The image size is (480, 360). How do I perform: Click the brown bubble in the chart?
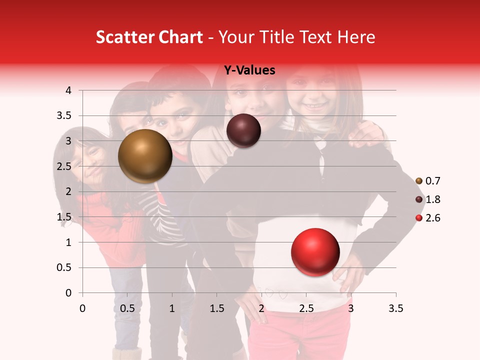tap(145, 156)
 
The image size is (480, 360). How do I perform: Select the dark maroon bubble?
tap(243, 130)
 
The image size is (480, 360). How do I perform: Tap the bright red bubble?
tap(315, 252)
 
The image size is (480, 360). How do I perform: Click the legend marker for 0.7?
tap(419, 181)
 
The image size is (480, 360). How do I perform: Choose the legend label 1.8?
tap(432, 199)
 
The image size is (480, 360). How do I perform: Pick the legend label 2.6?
tap(432, 218)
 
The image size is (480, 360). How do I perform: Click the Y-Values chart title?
tap(249, 70)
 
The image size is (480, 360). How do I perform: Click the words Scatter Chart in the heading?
tap(149, 37)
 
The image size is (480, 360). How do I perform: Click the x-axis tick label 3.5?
tap(396, 308)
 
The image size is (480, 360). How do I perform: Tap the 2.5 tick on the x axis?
tap(306, 308)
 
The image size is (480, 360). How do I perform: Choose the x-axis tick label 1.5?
tap(216, 308)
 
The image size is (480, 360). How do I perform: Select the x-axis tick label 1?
tap(172, 308)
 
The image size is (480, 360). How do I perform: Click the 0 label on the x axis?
tap(82, 308)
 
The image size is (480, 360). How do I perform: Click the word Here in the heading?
tap(356, 37)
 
